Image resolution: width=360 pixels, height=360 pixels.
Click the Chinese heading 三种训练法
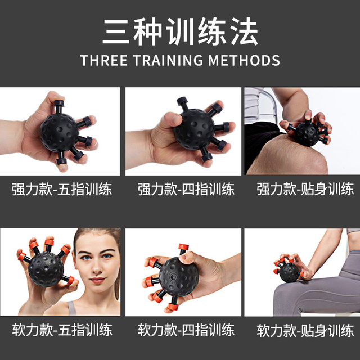pyautogui.click(x=180, y=32)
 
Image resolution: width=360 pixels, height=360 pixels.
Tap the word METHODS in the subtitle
pyautogui.click(x=247, y=60)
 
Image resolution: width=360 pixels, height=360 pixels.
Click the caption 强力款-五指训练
pyautogui.click(x=62, y=188)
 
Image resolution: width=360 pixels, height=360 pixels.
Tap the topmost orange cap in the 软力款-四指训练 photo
pyautogui.click(x=182, y=247)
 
